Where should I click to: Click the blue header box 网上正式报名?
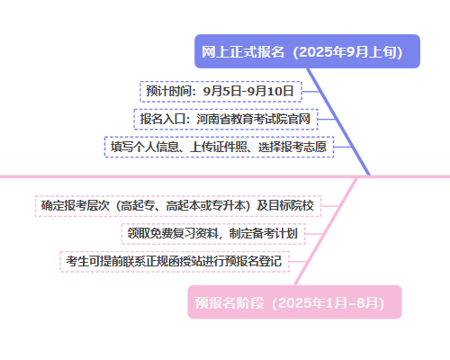pos(307,51)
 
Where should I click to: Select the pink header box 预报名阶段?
pos(294,302)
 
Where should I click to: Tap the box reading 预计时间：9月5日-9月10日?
pos(220,92)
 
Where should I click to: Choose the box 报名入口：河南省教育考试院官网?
pos(226,119)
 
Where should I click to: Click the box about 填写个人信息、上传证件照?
pos(220,147)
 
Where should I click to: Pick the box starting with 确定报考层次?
pos(178,206)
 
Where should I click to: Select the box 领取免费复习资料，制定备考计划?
pos(213,234)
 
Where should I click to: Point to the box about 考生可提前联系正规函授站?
pos(175,261)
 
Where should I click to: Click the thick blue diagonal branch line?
pos(338,121)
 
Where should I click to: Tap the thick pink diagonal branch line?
pos(326,231)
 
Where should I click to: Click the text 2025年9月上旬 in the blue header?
pos(347,52)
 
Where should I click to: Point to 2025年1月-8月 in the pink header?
pos(328,302)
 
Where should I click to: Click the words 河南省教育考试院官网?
pos(254,119)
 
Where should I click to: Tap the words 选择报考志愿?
pos(292,147)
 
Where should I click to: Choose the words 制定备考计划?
pos(264,233)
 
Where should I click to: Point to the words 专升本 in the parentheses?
pos(229,206)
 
